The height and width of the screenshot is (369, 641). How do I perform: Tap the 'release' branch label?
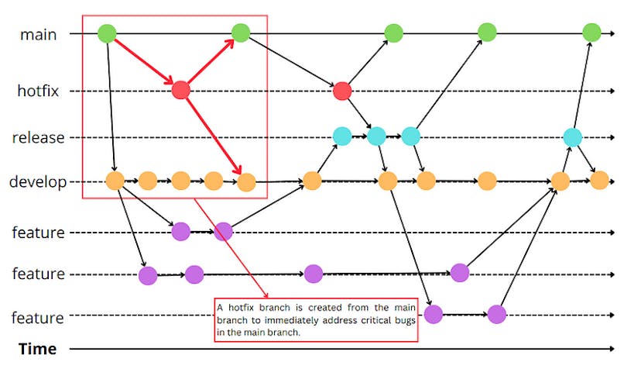(38, 137)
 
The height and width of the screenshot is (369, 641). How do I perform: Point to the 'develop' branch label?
(37, 182)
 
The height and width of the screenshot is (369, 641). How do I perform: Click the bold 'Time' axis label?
(37, 349)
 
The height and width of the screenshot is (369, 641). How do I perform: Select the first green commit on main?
(107, 33)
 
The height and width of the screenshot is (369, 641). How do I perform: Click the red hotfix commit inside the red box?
(181, 91)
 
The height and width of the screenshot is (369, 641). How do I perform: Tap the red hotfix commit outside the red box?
(342, 91)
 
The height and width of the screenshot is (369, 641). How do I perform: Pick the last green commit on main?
(591, 33)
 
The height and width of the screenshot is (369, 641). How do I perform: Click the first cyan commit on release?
(342, 136)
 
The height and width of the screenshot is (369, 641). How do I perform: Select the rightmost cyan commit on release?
(572, 137)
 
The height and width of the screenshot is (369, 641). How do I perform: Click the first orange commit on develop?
(115, 181)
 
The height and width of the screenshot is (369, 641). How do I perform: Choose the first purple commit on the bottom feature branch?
(433, 314)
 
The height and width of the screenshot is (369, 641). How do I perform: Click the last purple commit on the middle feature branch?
(460, 272)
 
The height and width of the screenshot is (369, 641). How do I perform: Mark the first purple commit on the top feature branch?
(180, 230)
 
